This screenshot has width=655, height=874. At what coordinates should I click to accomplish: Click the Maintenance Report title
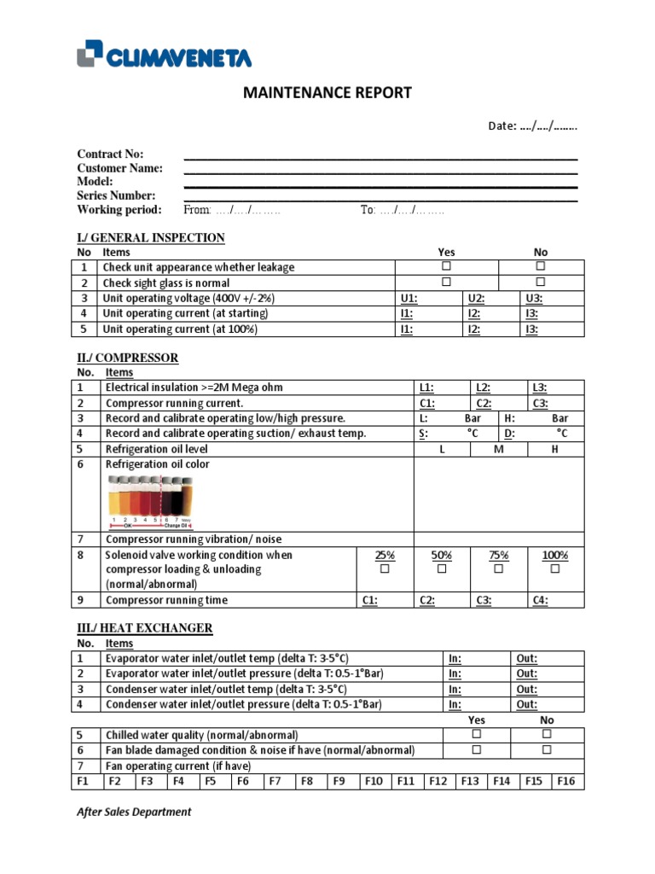tap(328, 92)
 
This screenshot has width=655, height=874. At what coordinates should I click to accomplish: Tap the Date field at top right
tap(533, 126)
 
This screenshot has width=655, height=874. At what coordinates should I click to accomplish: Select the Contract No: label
tap(110, 154)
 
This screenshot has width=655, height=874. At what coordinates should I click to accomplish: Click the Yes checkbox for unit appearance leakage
tap(446, 267)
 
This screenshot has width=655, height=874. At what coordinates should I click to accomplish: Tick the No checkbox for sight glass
tap(540, 283)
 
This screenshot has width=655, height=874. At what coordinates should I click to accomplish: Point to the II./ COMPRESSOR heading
tap(128, 358)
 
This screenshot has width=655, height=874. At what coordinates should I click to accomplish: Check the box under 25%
tap(385, 568)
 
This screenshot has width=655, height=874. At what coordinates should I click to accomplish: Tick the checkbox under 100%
tap(555, 568)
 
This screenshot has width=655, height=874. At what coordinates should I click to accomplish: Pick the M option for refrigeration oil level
tap(499, 449)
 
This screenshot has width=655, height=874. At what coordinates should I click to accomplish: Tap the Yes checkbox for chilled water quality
tap(477, 734)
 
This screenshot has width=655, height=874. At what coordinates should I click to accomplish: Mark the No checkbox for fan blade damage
tap(547, 749)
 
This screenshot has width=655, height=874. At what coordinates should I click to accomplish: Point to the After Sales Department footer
tap(134, 812)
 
